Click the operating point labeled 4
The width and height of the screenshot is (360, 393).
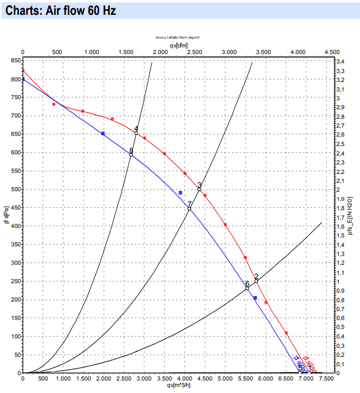tap(136, 133)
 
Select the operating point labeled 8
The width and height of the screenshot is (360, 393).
tap(131, 154)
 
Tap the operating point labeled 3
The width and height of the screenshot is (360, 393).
tap(199, 189)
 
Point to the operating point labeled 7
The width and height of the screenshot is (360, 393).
tap(189, 209)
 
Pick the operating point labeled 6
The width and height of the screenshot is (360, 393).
tap(247, 289)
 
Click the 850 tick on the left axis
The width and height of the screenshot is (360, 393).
tap(13, 61)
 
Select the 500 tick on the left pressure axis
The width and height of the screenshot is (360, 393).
tap(13, 189)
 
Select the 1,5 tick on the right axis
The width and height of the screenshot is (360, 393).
tap(341, 235)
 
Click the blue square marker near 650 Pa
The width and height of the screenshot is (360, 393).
tap(103, 134)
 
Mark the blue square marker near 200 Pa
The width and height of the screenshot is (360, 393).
tap(255, 297)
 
